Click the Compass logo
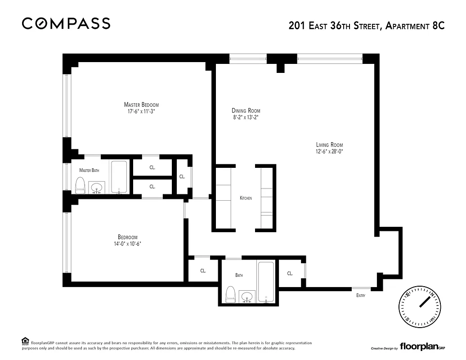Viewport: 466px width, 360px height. tap(66, 23)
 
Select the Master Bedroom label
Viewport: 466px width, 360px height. tap(141, 104)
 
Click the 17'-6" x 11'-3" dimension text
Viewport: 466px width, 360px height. tap(141, 111)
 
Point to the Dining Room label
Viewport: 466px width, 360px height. tap(246, 111)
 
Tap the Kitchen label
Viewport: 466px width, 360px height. tap(246, 198)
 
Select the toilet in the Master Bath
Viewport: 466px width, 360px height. tap(80, 185)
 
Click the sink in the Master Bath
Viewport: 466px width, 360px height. tap(96, 188)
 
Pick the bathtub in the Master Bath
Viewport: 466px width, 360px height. tap(119, 177)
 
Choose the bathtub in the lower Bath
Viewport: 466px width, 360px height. tap(267, 281)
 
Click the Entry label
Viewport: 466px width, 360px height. tap(361, 296)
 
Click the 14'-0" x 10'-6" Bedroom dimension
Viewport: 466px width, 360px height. tap(127, 244)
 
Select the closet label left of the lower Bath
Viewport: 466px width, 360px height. tap(203, 271)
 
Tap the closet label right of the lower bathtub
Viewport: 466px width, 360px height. tap(290, 273)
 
